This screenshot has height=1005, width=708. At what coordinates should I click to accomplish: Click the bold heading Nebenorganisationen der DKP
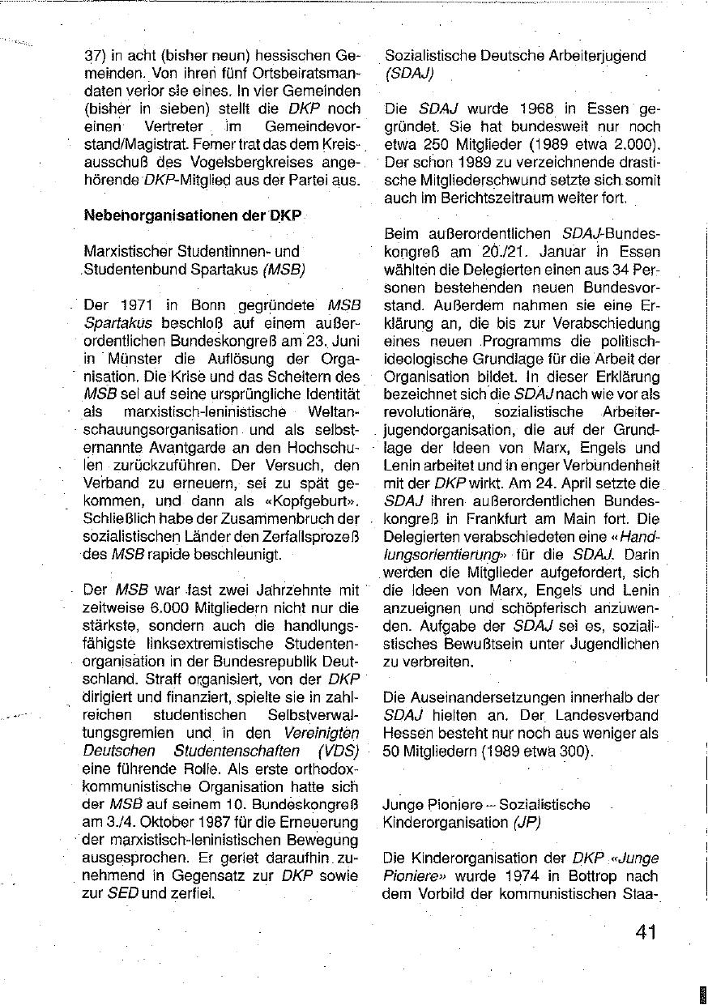point(192,216)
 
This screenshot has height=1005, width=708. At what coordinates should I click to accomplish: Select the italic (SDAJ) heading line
point(409,74)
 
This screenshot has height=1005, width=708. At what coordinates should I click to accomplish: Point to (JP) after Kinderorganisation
point(526,822)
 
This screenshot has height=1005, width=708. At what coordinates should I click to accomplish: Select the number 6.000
point(166,608)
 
